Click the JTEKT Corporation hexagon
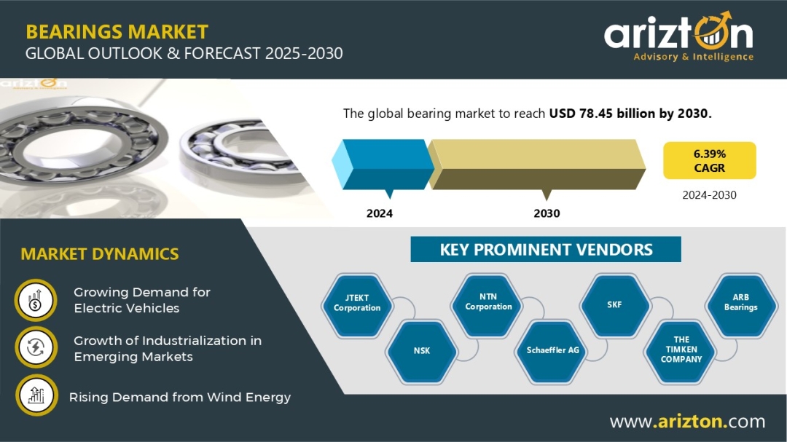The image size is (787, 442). point(357,303)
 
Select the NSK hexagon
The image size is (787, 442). point(421,350)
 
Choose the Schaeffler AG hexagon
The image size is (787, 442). point(552,350)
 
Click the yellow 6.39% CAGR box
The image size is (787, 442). point(709,161)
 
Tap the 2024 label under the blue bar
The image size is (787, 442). point(380,213)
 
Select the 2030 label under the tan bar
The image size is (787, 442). point(547,213)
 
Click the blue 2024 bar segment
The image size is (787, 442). point(382,163)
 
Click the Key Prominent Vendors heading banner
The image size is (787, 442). point(546,250)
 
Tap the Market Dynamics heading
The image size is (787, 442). point(100,254)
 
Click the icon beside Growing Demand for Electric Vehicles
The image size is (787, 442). point(35,301)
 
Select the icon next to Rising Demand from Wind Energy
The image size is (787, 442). point(35,395)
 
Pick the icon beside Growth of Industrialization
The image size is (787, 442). point(35,348)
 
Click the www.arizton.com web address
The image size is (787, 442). point(687,422)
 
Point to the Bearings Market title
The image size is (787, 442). point(117,32)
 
